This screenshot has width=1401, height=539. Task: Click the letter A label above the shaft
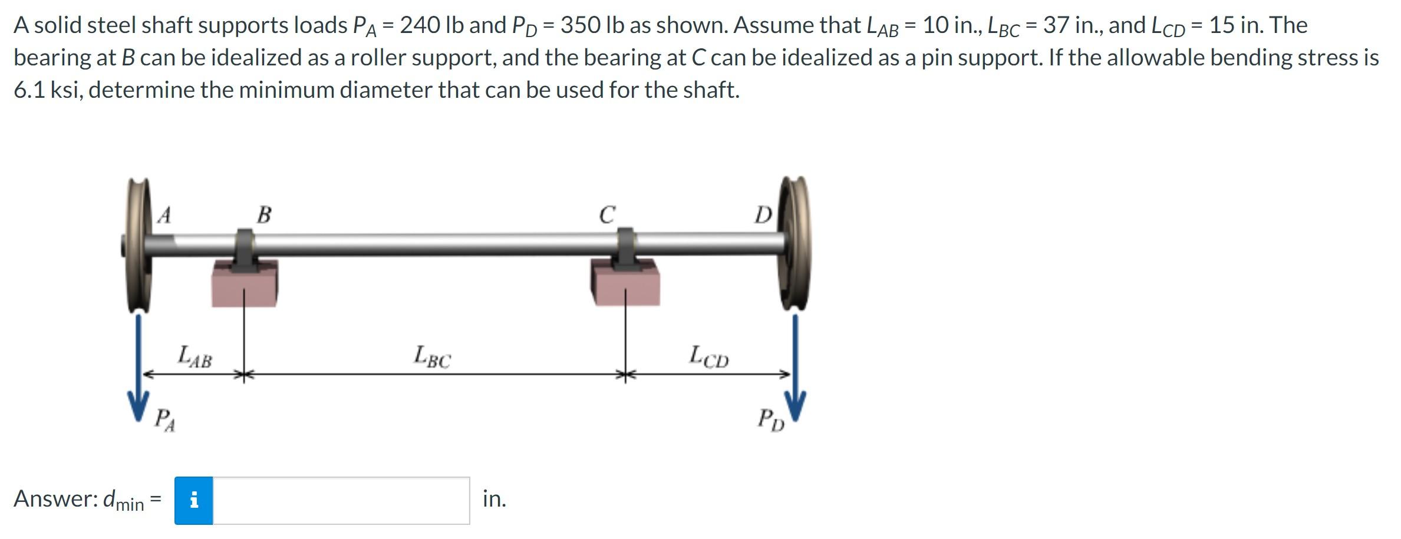point(164,215)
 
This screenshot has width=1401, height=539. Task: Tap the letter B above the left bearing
point(264,214)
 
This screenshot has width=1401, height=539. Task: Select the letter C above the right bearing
point(607,214)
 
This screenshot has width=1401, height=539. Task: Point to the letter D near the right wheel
point(763,215)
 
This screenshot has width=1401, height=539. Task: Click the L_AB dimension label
point(195,357)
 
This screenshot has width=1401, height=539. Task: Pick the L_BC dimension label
point(432,356)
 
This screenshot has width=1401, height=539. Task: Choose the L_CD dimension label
point(709,356)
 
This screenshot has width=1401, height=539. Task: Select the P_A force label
point(164,421)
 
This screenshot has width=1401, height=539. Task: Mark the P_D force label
point(771,420)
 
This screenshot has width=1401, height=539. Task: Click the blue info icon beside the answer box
point(193,501)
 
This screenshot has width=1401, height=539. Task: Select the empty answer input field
point(341,501)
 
